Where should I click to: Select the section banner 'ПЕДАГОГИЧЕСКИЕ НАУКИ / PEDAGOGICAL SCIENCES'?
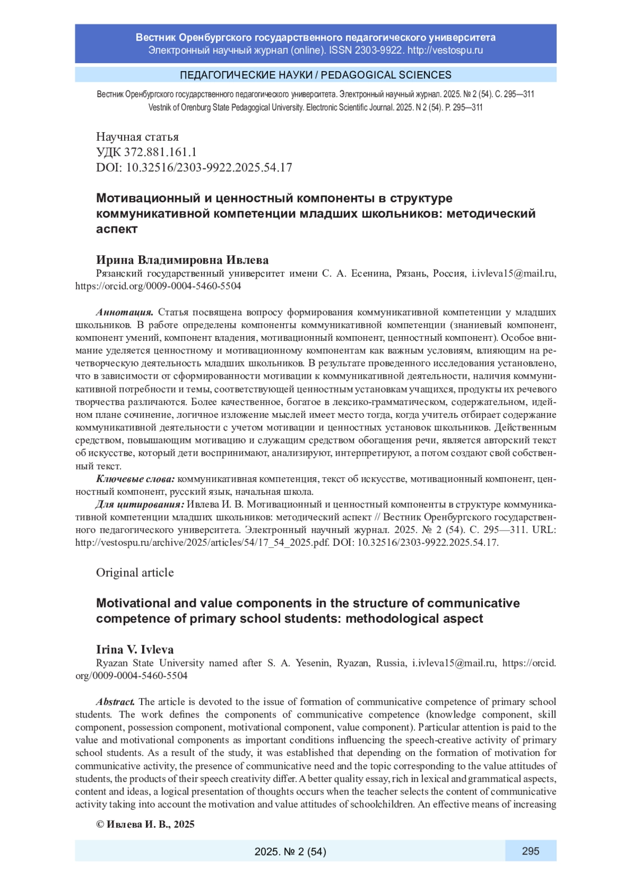click(315, 75)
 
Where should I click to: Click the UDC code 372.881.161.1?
click(160, 152)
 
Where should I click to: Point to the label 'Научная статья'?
click(137, 137)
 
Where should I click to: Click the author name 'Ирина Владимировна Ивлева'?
click(182, 260)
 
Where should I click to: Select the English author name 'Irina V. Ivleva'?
click(135, 650)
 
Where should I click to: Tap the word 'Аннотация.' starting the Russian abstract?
click(125, 312)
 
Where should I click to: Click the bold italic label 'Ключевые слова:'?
click(135, 479)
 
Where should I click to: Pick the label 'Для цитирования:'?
click(140, 505)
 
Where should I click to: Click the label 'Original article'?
click(135, 573)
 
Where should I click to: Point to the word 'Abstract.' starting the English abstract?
click(115, 702)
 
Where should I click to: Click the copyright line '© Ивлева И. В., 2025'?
click(145, 824)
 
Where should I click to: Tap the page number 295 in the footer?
click(530, 851)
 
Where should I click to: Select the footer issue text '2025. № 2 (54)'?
click(290, 851)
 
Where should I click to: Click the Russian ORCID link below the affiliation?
click(158, 286)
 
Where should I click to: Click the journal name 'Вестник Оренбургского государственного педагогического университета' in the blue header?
click(315, 37)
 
